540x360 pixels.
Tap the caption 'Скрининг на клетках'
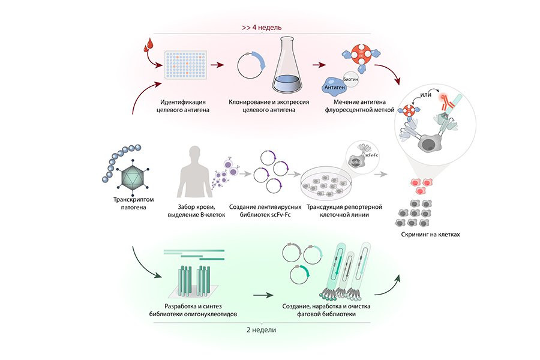coord(431,235)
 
